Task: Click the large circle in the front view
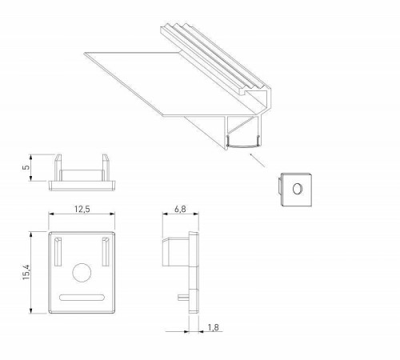click(81, 274)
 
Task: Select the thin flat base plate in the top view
click(82, 184)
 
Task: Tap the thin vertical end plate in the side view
click(195, 272)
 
